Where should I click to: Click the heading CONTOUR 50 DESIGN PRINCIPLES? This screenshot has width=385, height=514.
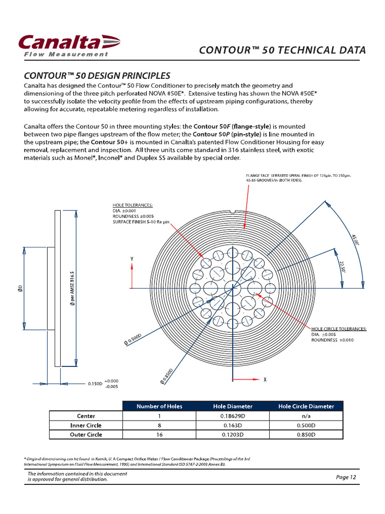(x=97, y=76)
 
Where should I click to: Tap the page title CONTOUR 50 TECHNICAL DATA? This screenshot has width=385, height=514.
(x=282, y=50)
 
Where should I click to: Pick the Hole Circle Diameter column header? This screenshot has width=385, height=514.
(x=306, y=406)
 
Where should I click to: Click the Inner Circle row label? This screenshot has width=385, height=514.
(x=86, y=425)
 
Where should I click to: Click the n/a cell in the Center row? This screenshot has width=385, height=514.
(x=306, y=416)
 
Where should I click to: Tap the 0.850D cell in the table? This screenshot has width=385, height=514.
(x=306, y=435)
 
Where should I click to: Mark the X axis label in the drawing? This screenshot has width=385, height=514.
(x=265, y=380)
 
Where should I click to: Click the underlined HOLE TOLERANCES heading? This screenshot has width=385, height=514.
(x=133, y=205)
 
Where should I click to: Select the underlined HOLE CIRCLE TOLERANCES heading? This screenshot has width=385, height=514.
(x=339, y=329)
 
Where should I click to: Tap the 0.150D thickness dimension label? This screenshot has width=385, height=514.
(x=95, y=383)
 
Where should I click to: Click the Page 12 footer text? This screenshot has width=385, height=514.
(x=346, y=477)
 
